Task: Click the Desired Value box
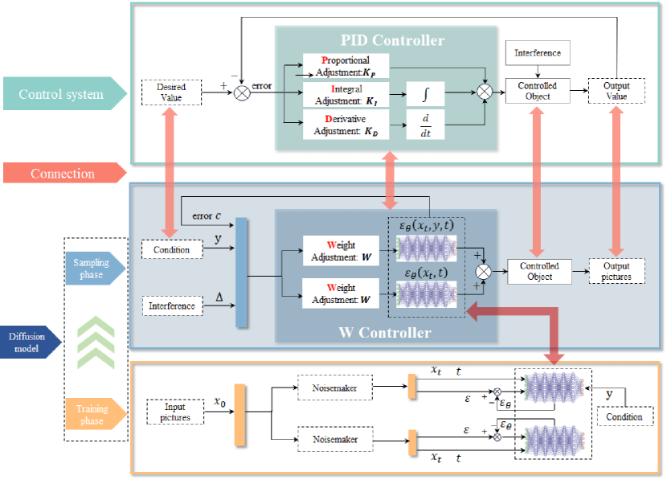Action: click(171, 92)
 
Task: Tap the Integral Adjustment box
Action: click(346, 94)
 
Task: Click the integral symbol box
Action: click(426, 94)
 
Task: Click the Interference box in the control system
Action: click(538, 54)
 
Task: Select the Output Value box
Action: click(616, 92)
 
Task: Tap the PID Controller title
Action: click(391, 40)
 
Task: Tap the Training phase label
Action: click(92, 415)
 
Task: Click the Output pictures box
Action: click(616, 271)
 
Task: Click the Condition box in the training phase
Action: click(624, 416)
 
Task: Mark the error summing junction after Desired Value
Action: click(241, 92)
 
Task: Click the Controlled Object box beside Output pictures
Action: click(538, 271)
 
